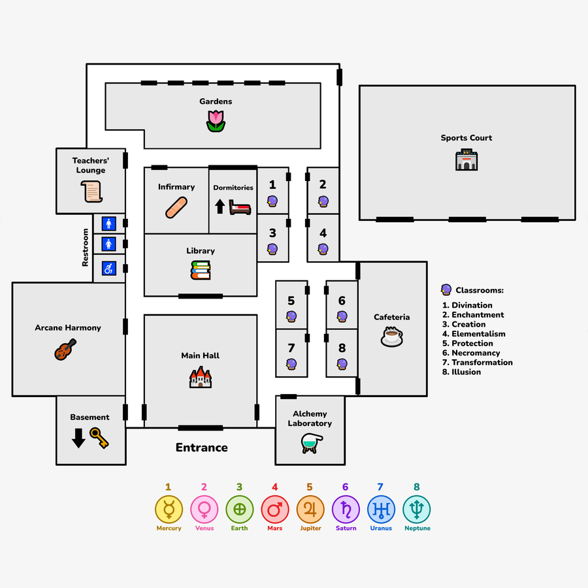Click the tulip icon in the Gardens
216,121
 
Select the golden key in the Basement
99,438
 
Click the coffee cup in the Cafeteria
391,336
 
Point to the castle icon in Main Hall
201,377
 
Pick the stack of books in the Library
201,270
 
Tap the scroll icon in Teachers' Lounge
92,192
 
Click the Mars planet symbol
274,508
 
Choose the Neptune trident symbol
417,508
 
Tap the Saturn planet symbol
346,508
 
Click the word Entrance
201,448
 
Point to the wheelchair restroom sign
109,268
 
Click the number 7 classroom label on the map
291,348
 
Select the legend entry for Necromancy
476,353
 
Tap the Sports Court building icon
466,159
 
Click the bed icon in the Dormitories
240,207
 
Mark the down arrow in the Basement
78,438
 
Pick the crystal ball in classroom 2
323,201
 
